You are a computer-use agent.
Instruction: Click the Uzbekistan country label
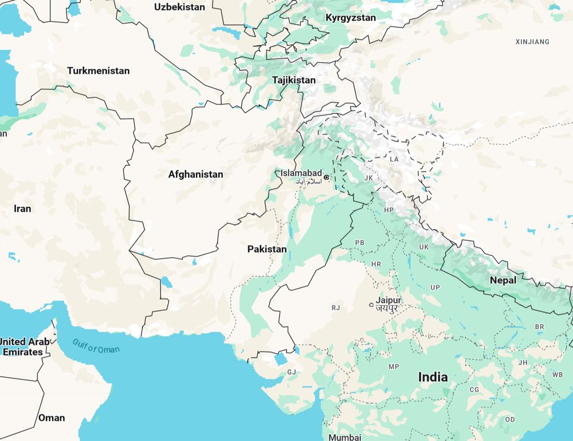coord(179,7)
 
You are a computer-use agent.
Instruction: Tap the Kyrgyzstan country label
coord(351,18)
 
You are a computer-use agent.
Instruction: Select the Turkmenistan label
coord(98,71)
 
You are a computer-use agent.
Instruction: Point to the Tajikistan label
coord(293,80)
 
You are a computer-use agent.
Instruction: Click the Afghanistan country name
coord(195,174)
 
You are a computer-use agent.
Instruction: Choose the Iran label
coord(22,208)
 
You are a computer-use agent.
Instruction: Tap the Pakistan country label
coord(266,249)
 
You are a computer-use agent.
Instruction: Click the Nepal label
coord(503,280)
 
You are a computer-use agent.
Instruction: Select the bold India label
coord(433,377)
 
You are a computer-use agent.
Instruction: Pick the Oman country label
coord(52,418)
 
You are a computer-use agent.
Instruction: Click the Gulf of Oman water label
coord(96,346)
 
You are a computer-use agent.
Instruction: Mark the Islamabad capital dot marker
coord(327,178)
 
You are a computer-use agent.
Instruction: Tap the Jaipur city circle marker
coord(371,304)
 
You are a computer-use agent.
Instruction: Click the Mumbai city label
coord(345,437)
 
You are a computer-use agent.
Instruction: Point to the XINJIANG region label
coord(532,42)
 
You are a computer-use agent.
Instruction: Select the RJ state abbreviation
coord(336,308)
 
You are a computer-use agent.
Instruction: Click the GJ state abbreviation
coord(292,372)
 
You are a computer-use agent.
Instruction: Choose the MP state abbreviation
coord(394,367)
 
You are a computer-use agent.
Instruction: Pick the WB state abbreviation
coord(557,375)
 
